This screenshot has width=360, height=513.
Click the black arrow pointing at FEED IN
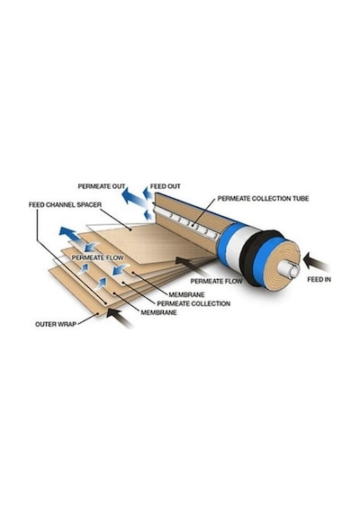pos(316,262)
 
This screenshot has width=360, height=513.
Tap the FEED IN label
pos(319,279)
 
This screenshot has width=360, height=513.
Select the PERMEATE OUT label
pos(102,186)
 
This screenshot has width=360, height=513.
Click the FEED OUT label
pos(166,186)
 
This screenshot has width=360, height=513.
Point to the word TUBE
pos(301,199)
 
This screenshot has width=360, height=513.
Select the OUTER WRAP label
pos(56,324)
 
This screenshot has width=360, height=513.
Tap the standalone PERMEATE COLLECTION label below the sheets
pos(193,303)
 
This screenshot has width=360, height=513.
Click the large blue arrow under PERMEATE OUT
pos(133,198)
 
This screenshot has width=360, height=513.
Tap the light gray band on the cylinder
pos(235,247)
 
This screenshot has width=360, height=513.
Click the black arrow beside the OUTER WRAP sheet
pos(120,317)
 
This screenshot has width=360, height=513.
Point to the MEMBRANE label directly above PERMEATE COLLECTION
pos(186,295)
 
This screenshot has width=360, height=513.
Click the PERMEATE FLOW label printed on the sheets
pos(97,257)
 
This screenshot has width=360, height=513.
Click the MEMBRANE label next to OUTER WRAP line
pos(158,312)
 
